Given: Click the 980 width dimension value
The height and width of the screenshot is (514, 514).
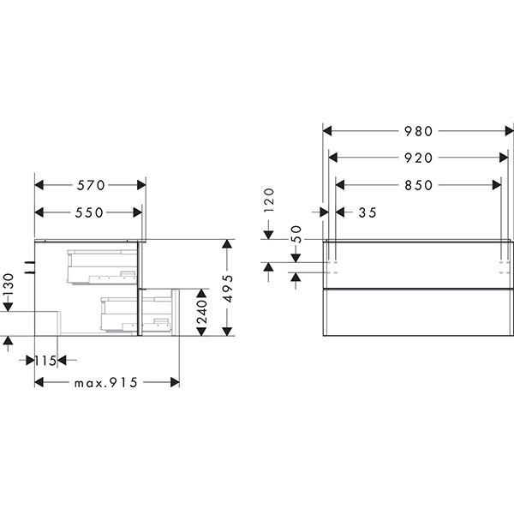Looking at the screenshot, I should [419, 131].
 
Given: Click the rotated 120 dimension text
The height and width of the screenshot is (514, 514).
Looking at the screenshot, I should [268, 201].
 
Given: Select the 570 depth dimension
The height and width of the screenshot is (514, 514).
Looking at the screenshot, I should [89, 185].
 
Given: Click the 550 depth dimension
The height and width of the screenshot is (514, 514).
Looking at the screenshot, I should [87, 212].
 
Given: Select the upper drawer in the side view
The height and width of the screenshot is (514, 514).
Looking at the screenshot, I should [102, 265].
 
